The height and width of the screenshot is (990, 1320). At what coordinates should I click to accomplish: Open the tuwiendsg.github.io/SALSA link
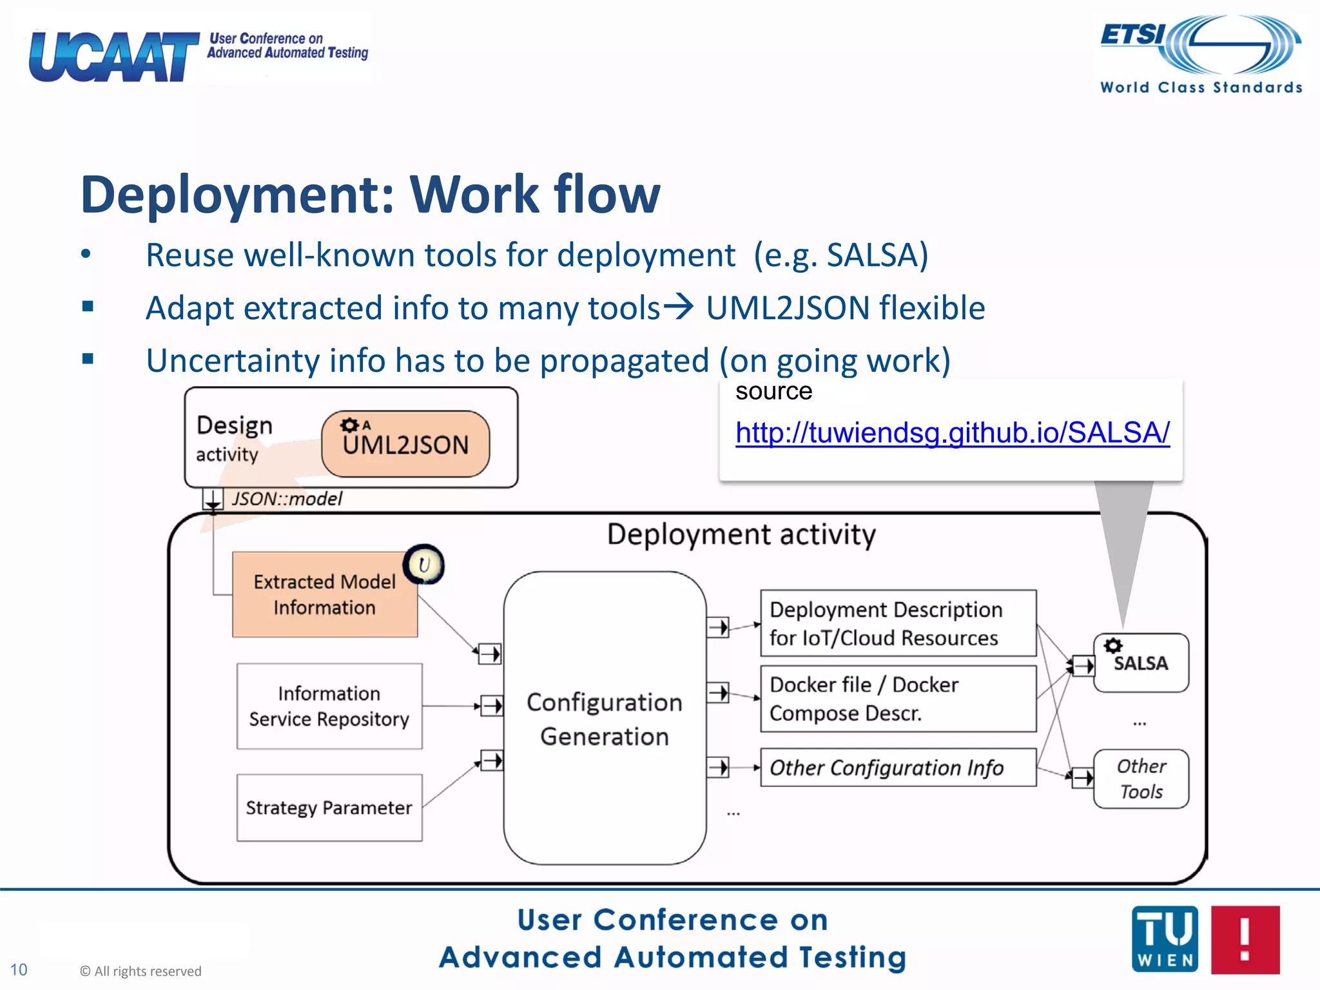pyautogui.click(x=952, y=432)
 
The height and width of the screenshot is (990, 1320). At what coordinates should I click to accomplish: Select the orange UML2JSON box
pyautogui.click(x=405, y=444)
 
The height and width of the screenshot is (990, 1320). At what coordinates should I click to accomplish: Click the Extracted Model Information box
pyautogui.click(x=324, y=594)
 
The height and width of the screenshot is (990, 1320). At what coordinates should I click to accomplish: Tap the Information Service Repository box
pyautogui.click(x=329, y=706)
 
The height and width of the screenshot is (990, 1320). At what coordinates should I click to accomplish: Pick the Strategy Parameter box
pyautogui.click(x=329, y=808)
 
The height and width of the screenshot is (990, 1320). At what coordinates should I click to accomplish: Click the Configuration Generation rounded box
pyautogui.click(x=605, y=718)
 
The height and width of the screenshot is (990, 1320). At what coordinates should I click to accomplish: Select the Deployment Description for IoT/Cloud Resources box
pyautogui.click(x=898, y=623)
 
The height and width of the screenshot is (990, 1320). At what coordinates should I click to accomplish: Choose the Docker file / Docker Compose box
pyautogui.click(x=898, y=699)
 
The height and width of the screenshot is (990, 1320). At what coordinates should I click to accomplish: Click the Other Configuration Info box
pyautogui.click(x=898, y=768)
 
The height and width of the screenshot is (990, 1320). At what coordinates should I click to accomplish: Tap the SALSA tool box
pyautogui.click(x=1141, y=663)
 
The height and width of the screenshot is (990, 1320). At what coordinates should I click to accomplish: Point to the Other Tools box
pyautogui.click(x=1141, y=779)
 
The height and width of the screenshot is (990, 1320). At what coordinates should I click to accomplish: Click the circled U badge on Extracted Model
pyautogui.click(x=423, y=565)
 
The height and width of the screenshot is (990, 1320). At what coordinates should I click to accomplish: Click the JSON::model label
pyautogui.click(x=287, y=499)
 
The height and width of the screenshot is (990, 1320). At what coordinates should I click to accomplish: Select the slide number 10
pyautogui.click(x=19, y=970)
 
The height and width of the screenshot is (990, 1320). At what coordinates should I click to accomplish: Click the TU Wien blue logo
pyautogui.click(x=1165, y=939)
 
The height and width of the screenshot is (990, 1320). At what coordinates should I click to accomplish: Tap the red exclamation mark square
pyautogui.click(x=1245, y=939)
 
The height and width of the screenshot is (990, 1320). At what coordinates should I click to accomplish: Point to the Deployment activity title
pyautogui.click(x=741, y=535)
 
